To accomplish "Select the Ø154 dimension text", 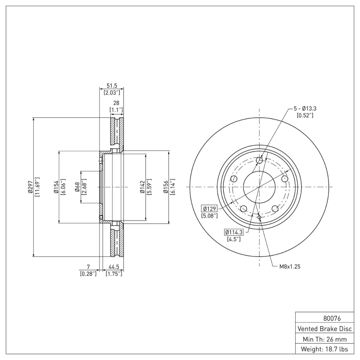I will point(55,187).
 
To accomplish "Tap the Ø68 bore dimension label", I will point(77,187).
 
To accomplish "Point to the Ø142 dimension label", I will point(142,187).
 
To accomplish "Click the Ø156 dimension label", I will point(165,187).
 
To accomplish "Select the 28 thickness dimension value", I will point(116,103).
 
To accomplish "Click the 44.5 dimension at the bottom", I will point(113,267).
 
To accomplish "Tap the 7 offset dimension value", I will point(88,267).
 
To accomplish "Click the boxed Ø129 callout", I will point(210,208).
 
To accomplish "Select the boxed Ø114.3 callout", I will point(234,232).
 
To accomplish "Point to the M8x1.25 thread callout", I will point(289,266).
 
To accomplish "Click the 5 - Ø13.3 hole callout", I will point(305,108).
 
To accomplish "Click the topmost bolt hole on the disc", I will point(259,160).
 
